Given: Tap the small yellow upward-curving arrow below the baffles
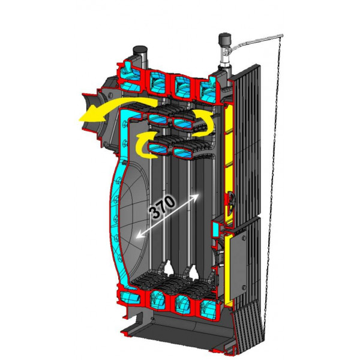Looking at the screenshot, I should click(144, 142).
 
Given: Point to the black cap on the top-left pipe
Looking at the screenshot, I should click(140, 49).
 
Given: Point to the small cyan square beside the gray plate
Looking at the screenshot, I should click(214, 229).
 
